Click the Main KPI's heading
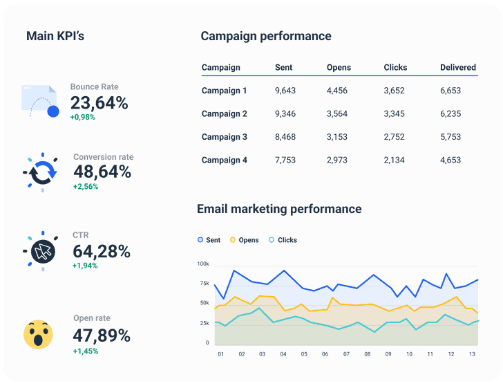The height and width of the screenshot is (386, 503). click(x=55, y=36)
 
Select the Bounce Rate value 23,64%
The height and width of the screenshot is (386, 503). click(x=99, y=103)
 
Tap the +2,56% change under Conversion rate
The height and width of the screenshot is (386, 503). click(x=86, y=187)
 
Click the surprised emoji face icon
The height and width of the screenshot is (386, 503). click(x=38, y=334)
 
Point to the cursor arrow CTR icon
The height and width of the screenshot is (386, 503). click(x=43, y=252)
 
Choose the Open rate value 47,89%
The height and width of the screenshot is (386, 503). click(x=102, y=336)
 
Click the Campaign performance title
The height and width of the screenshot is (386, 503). click(x=266, y=36)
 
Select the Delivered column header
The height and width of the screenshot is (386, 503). click(x=458, y=68)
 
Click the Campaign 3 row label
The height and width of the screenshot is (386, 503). click(x=225, y=137)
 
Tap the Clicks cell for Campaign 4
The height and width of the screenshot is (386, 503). click(x=395, y=160)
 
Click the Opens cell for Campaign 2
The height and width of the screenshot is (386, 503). click(x=337, y=114)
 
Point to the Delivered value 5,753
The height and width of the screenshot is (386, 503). click(x=450, y=137)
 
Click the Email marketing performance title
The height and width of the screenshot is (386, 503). click(x=279, y=208)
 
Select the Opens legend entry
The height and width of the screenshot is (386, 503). click(x=244, y=240)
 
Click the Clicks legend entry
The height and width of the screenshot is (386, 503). click(x=283, y=240)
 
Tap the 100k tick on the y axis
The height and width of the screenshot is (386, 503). click(x=202, y=264)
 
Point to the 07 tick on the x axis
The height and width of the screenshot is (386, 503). click(x=346, y=354)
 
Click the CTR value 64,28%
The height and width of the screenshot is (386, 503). click(x=101, y=251)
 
